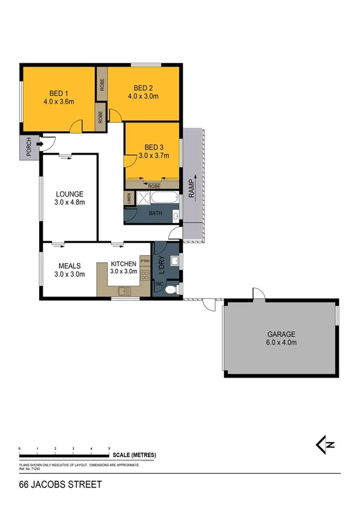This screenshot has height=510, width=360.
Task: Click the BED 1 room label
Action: pyautogui.click(x=58, y=93)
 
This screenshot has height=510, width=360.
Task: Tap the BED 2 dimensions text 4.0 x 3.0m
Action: pyautogui.click(x=142, y=96)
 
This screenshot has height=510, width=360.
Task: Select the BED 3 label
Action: pyautogui.click(x=153, y=147)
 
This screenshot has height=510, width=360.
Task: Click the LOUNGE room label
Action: pyautogui.click(x=70, y=194)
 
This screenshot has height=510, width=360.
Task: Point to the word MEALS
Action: pyautogui.click(x=70, y=265)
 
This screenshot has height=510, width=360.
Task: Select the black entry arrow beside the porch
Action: pyautogui.click(x=40, y=144)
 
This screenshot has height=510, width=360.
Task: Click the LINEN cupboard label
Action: pyautogui.click(x=128, y=198)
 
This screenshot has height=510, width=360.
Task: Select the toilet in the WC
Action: pyautogui.click(x=170, y=289)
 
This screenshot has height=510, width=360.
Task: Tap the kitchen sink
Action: pyautogui.click(x=124, y=292)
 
